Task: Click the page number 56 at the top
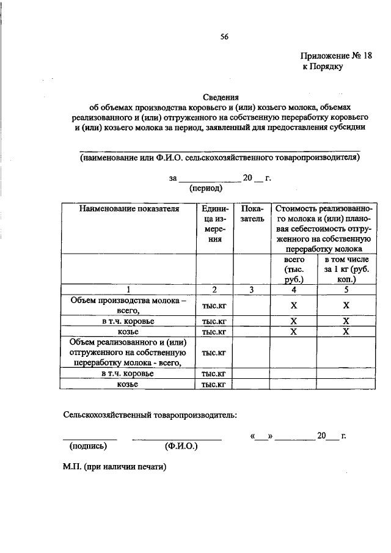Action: pos(224,37)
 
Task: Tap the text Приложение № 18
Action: pos(335,55)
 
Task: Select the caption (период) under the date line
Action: pos(206,189)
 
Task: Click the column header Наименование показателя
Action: pos(128,209)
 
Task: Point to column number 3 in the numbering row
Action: pos(252,289)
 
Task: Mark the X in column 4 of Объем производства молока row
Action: pos(293,306)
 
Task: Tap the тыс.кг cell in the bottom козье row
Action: pos(214,384)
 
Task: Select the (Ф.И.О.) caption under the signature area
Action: pos(181,446)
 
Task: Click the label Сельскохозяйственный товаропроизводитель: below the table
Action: pos(149,415)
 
